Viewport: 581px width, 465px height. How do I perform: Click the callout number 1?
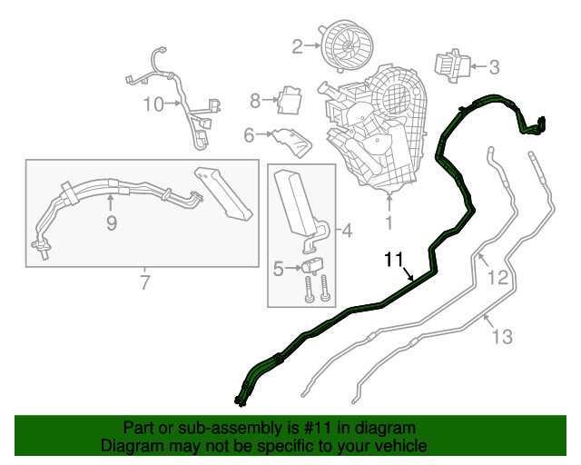[x=389, y=221]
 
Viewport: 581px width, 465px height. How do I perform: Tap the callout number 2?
[x=297, y=45]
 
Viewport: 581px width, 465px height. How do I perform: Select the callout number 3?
[x=494, y=66]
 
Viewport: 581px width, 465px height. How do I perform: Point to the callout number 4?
[x=346, y=231]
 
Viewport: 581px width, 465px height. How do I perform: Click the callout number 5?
[x=279, y=268]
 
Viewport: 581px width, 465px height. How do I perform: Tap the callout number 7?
[x=145, y=283]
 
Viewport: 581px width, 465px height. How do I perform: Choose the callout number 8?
[x=256, y=100]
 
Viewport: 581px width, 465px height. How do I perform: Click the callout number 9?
[x=111, y=222]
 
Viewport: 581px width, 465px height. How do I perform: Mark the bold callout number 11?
[x=393, y=260]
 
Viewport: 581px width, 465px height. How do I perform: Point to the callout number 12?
[x=497, y=278]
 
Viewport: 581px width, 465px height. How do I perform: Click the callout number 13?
[x=502, y=337]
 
